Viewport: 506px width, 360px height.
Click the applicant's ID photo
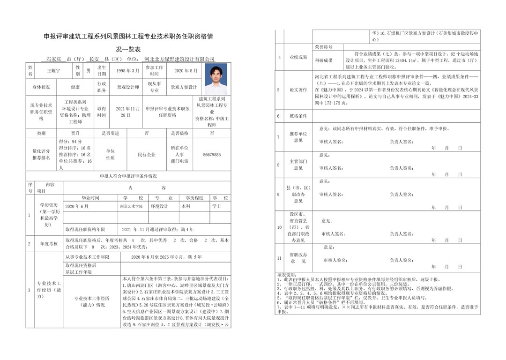[216, 79]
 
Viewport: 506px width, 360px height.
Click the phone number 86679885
[212, 154]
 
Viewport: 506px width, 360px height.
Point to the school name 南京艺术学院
[131, 206]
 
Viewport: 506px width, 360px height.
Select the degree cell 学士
[217, 206]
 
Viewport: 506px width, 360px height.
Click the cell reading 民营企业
[146, 154]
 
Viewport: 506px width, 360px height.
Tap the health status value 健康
[75, 87]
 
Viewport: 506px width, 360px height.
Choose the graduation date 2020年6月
[77, 206]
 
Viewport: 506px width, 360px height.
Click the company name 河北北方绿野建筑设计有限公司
[179, 60]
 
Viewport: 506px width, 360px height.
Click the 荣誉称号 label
[323, 47]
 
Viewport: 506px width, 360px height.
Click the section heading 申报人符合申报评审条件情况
[128, 176]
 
